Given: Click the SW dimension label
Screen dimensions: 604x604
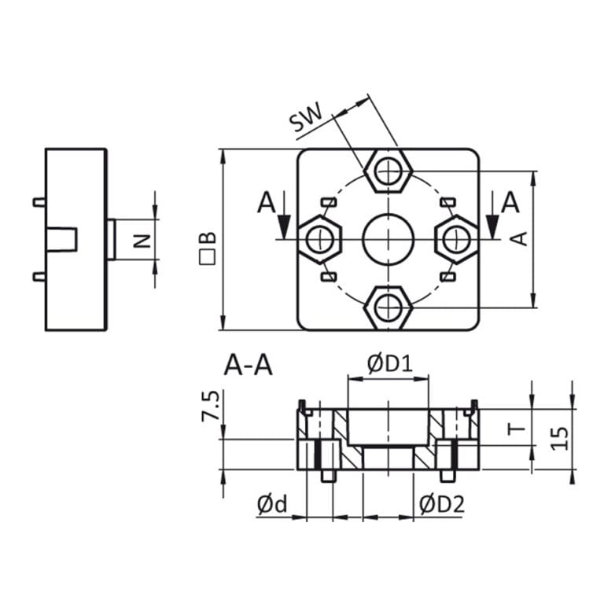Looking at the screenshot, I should click(x=307, y=120).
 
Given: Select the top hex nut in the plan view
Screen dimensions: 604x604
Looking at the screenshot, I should click(x=388, y=170).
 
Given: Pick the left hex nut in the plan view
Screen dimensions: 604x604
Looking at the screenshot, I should click(x=319, y=238).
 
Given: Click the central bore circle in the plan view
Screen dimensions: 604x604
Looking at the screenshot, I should click(x=388, y=238).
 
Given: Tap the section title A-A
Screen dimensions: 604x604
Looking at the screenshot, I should click(x=249, y=365).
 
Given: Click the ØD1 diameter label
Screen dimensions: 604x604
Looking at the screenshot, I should click(x=389, y=363).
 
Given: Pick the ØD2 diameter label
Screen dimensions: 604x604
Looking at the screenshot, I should click(x=441, y=503).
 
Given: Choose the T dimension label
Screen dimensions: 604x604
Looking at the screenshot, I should click(x=515, y=429).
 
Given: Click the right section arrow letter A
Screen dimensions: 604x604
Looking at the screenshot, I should click(x=510, y=203).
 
